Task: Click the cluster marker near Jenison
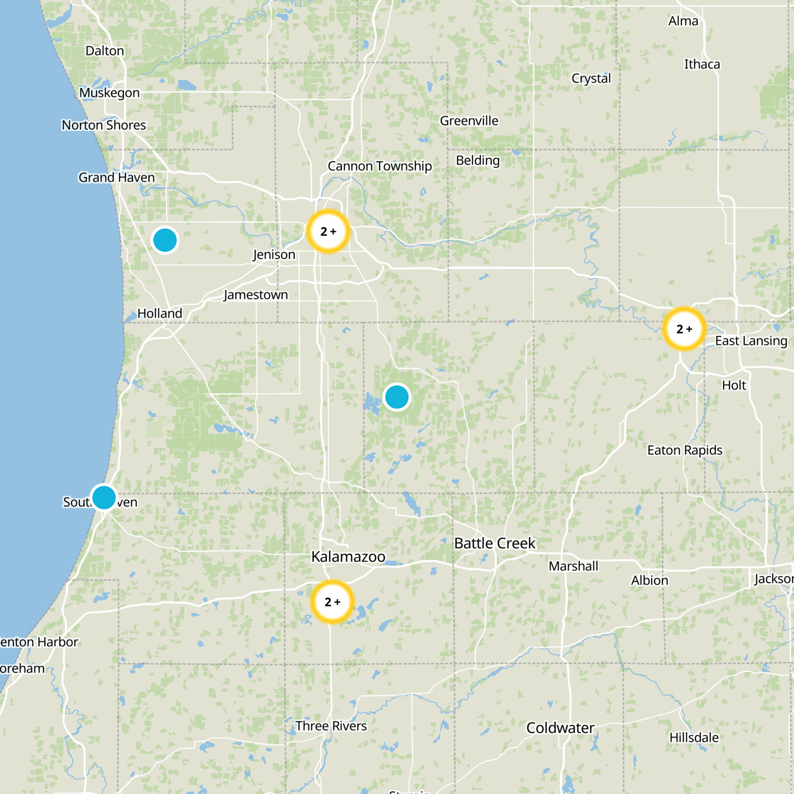[x=328, y=231]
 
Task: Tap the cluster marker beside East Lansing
[x=684, y=329]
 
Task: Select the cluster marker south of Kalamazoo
[x=332, y=601]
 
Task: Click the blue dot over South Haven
[x=104, y=497]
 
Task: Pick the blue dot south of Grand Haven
[x=165, y=240]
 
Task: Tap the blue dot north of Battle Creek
[x=397, y=397]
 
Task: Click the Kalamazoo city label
[x=348, y=557]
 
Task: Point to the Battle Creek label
[x=495, y=543]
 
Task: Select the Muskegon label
[x=110, y=93]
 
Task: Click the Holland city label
[x=160, y=314]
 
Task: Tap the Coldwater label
[x=560, y=728]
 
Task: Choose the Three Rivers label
[x=331, y=726]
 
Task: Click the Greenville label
[x=469, y=121]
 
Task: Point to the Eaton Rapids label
[x=685, y=450]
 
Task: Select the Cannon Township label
[x=380, y=166]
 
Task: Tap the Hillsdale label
[x=694, y=738]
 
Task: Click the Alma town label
[x=683, y=21]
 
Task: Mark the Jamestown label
[x=256, y=295]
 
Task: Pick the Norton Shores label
[x=104, y=125]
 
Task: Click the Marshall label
[x=573, y=566]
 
